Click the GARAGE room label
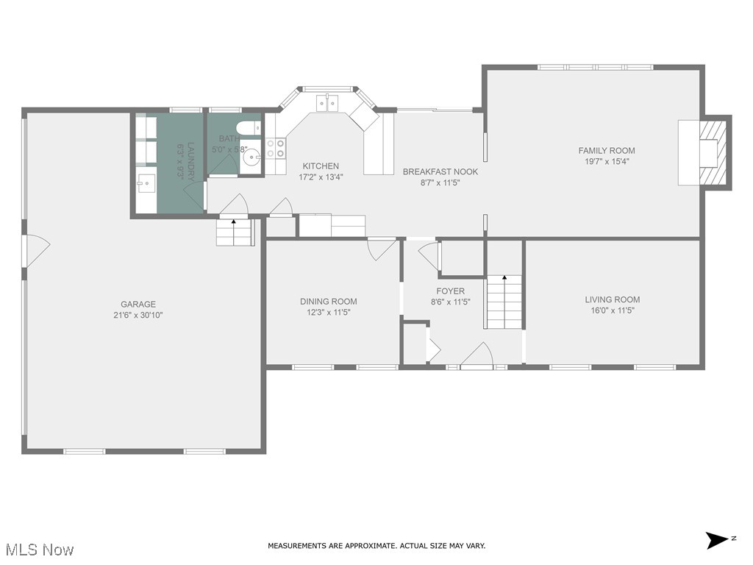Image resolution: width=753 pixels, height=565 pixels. tap(138, 304)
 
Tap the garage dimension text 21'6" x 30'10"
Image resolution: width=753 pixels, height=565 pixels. tap(138, 315)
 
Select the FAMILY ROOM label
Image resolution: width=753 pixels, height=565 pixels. tap(607, 151)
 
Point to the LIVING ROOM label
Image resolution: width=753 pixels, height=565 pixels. tap(612, 299)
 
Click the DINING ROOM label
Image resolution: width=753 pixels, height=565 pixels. tap(328, 301)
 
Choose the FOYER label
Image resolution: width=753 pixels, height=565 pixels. tap(450, 291)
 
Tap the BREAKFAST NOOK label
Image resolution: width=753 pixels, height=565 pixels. tap(440, 171)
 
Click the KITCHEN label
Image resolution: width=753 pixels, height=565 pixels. tap(321, 166)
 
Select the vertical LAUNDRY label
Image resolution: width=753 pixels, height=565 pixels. tap(191, 161)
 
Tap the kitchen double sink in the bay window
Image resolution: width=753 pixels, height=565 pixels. tap(327, 102)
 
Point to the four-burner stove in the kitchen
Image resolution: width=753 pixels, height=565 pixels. tap(275, 149)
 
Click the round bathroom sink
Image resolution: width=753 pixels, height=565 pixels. tap(252, 157)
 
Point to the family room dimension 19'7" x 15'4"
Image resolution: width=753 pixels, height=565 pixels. tap(607, 161)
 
